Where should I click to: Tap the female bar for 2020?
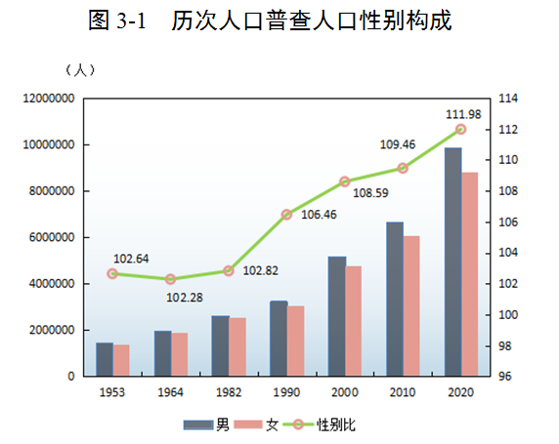[x=470, y=274]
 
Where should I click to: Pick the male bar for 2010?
[x=394, y=299]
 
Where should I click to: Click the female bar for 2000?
[x=354, y=321]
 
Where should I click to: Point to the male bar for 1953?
[x=104, y=359]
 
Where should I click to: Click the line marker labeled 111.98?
[x=461, y=130]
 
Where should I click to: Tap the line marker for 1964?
[x=171, y=279]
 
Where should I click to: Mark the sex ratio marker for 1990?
[x=286, y=214]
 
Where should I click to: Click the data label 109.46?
[x=398, y=144]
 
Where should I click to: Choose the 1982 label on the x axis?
[x=229, y=392]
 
